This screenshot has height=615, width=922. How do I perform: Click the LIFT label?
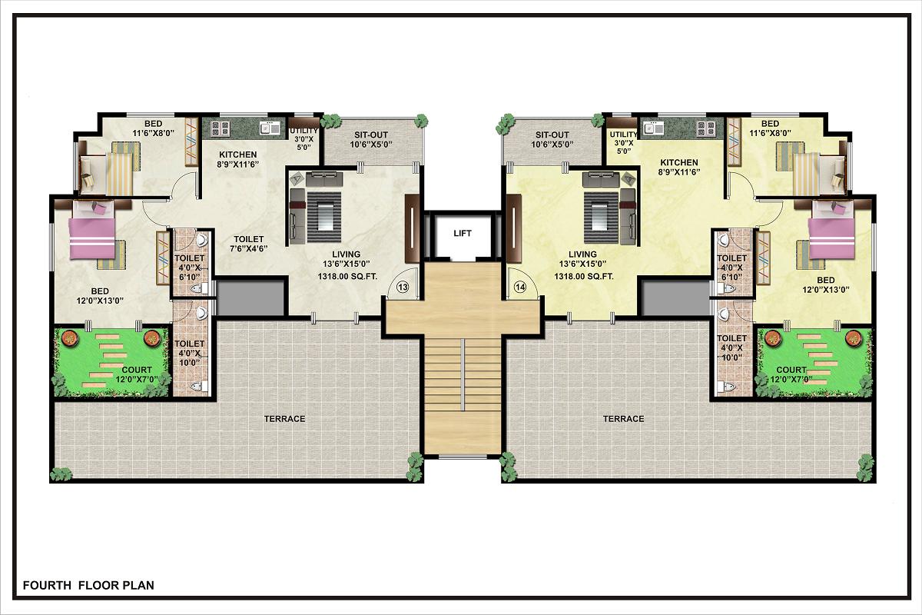click(x=463, y=233)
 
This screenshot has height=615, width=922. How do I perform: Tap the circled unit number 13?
click(x=403, y=287)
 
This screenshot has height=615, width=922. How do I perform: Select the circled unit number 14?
click(x=520, y=287)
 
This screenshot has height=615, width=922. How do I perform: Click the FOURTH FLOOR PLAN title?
click(x=88, y=585)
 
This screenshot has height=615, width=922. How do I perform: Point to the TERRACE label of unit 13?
click(x=284, y=419)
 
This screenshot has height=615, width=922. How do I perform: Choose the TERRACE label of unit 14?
click(x=623, y=419)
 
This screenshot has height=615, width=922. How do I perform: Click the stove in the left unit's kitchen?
click(x=220, y=128)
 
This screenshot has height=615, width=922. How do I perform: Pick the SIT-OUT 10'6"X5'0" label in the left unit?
click(x=371, y=140)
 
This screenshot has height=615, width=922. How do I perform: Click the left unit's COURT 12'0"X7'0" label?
click(x=137, y=374)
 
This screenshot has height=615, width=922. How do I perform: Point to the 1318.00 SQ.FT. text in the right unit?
click(x=584, y=277)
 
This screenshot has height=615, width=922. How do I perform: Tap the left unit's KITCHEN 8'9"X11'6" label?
click(x=238, y=159)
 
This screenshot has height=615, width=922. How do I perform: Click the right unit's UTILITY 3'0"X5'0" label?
click(x=624, y=142)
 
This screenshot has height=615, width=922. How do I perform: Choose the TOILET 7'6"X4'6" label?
click(x=249, y=244)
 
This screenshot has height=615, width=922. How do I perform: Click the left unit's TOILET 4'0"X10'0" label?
click(x=189, y=353)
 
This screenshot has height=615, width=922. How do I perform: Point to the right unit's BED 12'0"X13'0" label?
click(x=826, y=284)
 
